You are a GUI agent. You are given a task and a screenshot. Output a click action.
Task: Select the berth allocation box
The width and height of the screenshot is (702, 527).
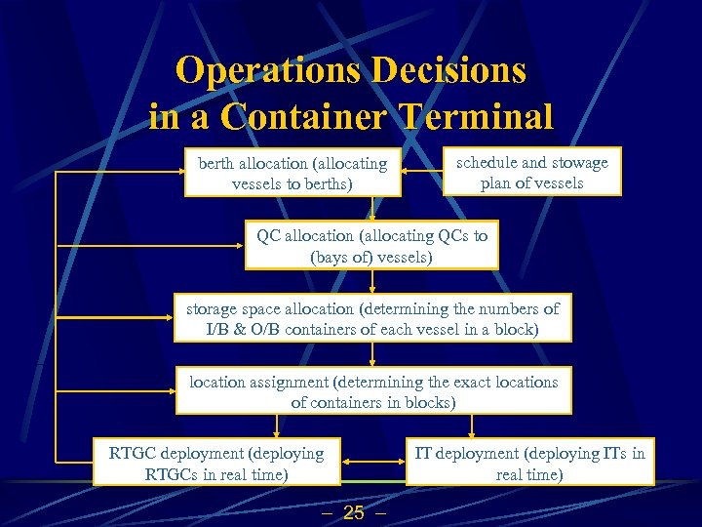[292, 174]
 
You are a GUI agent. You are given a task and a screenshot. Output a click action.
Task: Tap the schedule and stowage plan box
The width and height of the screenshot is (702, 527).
[531, 172]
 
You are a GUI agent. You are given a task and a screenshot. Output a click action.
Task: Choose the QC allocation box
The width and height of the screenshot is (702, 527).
[371, 246]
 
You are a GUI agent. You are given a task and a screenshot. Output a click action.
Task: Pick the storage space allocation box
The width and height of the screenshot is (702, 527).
[372, 318]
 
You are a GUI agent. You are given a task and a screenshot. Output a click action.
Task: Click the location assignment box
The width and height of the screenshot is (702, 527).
[373, 391]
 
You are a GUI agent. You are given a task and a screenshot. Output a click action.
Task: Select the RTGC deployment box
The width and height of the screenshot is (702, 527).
[216, 464]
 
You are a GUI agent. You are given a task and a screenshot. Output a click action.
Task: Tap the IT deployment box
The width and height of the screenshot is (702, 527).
[529, 464]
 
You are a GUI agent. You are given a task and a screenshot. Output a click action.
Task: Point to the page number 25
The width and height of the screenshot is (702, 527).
[354, 512]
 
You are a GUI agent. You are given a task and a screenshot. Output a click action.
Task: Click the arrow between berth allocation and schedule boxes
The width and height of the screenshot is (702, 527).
[421, 174]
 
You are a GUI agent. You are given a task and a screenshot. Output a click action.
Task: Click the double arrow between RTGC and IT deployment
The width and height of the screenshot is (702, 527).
[372, 462]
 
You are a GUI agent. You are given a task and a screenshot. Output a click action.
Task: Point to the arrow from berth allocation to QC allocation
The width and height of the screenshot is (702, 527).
[372, 210]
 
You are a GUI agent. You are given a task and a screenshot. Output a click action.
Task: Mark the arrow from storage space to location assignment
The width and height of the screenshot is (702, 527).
[372, 354]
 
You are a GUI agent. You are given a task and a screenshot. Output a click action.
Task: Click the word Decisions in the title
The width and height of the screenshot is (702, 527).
[453, 70]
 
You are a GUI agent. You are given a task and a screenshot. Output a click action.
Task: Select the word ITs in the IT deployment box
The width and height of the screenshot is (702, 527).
[613, 453]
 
